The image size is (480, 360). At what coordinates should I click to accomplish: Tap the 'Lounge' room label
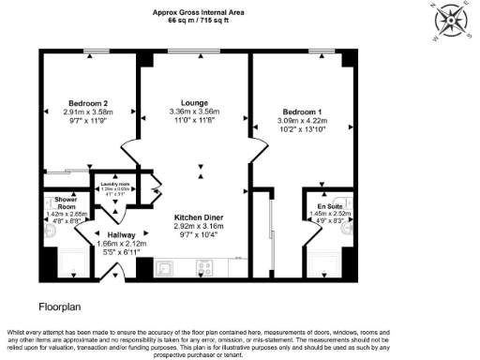tap(194, 102)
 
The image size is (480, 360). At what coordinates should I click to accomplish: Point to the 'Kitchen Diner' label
tap(199, 218)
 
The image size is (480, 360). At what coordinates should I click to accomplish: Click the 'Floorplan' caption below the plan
tap(63, 307)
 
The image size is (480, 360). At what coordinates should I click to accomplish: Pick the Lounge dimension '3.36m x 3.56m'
tap(194, 112)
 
